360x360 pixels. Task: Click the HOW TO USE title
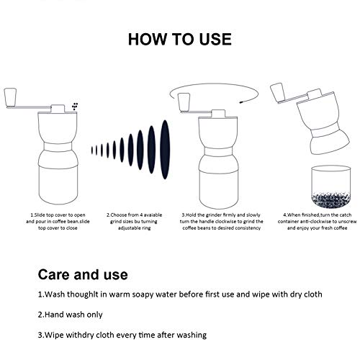tap(180, 39)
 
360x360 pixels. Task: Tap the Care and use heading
tap(83, 274)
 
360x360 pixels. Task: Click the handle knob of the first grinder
tap(10, 96)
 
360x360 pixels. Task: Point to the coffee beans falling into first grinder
tap(75, 106)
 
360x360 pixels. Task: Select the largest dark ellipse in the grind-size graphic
tap(165, 150)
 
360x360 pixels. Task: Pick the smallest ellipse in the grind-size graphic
tap(92, 150)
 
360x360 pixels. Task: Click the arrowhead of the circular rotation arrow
tap(240, 102)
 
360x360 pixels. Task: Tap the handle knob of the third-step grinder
tap(184, 102)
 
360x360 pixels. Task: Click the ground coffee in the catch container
tap(331, 199)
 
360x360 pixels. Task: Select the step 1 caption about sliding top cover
tap(58, 221)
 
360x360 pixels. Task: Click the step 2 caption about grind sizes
tap(135, 221)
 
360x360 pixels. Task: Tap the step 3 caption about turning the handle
tap(221, 221)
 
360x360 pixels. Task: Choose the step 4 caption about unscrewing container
tap(318, 221)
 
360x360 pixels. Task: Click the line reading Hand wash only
tap(70, 315)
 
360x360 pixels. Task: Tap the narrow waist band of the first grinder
tap(58, 146)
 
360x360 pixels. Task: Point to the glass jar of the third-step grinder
tap(219, 189)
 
